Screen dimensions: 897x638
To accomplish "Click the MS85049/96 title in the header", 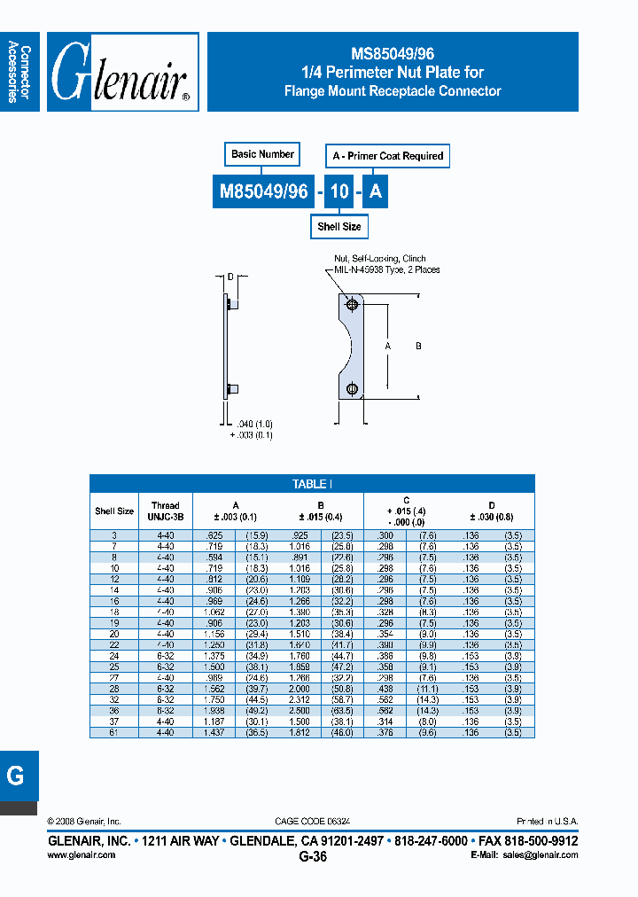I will click(393, 54).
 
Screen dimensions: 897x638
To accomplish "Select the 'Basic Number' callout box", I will click(262, 154).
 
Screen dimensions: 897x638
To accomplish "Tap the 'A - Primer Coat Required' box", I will click(387, 156).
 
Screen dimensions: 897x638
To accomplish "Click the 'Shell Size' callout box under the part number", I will click(338, 227).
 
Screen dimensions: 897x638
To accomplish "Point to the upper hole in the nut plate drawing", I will click(353, 306).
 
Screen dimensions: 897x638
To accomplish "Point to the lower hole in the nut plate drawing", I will click(353, 388).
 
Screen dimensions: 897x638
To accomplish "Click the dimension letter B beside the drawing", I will click(418, 347).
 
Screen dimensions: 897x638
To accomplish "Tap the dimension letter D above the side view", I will click(230, 277).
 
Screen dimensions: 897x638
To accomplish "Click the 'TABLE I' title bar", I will click(312, 484).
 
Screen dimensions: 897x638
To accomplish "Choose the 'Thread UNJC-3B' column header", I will click(165, 511).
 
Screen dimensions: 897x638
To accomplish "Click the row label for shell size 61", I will click(114, 731).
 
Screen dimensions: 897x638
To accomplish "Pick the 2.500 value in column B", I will click(299, 710).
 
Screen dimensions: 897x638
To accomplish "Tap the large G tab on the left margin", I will click(16, 776).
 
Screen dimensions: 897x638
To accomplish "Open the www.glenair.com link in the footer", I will click(81, 854).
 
